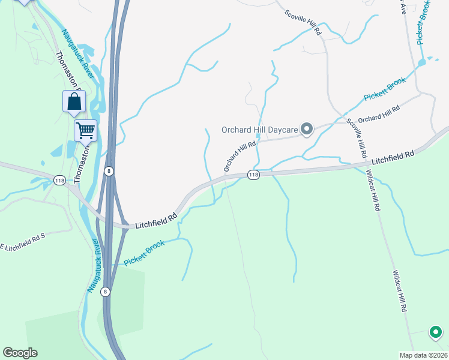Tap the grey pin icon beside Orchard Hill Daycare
(307, 129)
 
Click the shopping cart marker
(85, 130)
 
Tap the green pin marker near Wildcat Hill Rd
(435, 332)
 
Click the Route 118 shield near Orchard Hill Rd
(253, 175)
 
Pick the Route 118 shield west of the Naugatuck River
(59, 179)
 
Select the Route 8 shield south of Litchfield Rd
(106, 292)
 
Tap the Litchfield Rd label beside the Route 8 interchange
(156, 221)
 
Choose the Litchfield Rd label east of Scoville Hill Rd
(393, 158)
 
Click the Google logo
(20, 353)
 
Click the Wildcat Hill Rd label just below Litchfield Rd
(373, 190)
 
